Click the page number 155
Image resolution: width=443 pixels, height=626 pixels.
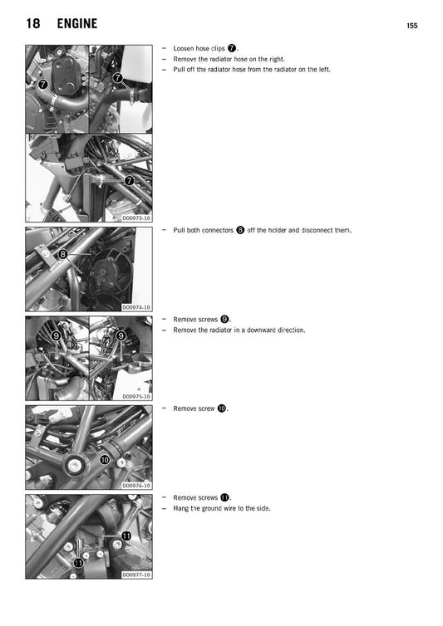412,27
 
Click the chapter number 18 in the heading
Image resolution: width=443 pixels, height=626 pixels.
33,25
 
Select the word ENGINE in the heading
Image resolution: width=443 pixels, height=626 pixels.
77,25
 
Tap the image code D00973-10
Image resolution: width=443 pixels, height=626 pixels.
136,218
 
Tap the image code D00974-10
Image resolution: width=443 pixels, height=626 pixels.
136,307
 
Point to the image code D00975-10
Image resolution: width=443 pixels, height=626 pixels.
136,397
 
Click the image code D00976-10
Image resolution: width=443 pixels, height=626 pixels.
136,486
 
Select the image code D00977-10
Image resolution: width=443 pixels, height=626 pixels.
136,575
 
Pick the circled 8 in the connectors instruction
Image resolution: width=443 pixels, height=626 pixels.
240,230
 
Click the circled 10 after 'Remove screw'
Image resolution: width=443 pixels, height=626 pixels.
222,408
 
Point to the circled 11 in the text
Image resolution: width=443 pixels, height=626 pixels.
224,497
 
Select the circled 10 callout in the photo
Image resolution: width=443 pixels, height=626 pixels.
105,459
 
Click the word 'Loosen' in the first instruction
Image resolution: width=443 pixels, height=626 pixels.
185,49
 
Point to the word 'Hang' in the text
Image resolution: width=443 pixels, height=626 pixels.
181,508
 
